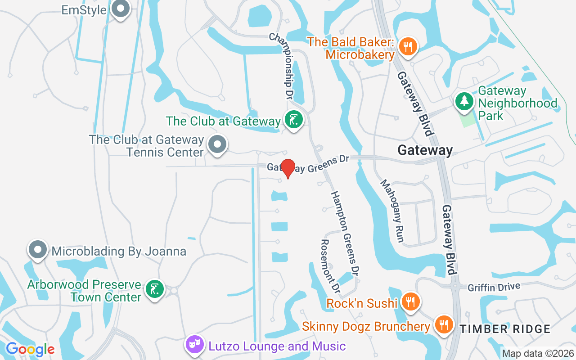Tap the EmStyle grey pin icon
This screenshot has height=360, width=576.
tap(120, 9)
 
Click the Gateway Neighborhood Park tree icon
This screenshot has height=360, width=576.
tap(463, 101)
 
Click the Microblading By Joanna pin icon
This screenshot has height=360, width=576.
tap(38, 250)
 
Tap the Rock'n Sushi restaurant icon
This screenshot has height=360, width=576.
tap(410, 302)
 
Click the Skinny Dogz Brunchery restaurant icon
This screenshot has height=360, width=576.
tap(443, 325)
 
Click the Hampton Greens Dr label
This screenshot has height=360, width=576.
tap(345, 233)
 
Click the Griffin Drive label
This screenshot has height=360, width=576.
tap(494, 287)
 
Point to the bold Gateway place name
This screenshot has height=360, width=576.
tap(425, 150)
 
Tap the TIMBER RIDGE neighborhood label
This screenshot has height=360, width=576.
tap(505, 329)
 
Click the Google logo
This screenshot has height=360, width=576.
tap(30, 349)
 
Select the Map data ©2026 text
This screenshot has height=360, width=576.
tap(538, 353)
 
